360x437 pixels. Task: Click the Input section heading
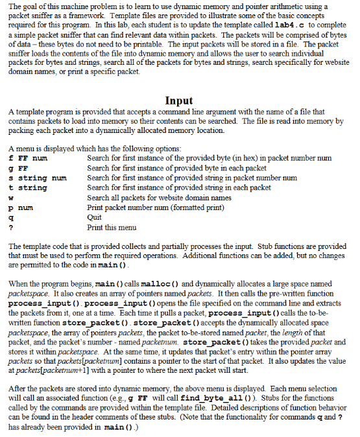coord(180,100)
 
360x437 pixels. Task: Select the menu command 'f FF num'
coord(28,158)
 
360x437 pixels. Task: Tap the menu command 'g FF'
coord(16,167)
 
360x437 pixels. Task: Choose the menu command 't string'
coord(28,187)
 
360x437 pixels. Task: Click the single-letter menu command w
coord(10,198)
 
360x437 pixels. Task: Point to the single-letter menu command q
coord(10,218)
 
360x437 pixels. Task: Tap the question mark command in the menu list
coord(10,228)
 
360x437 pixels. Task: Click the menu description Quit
coord(94,218)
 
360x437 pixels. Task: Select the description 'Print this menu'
coord(112,228)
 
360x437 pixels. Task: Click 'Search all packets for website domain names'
coord(159,198)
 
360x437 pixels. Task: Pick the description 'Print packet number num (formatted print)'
coord(155,207)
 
